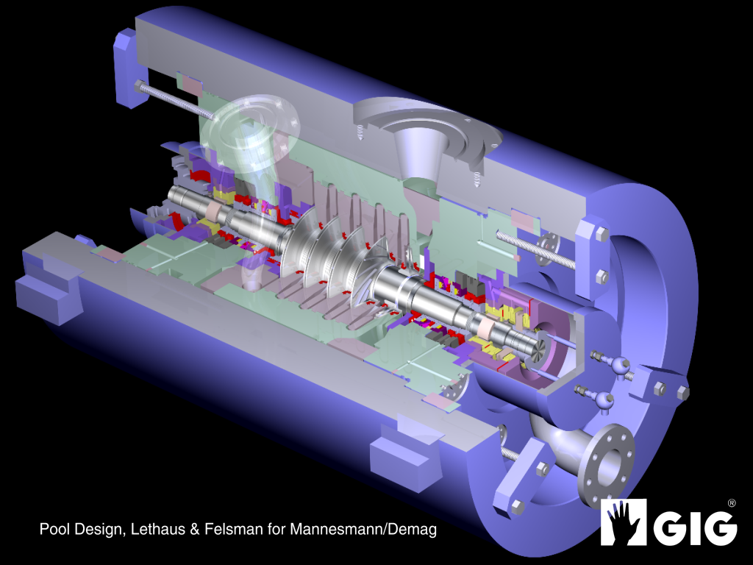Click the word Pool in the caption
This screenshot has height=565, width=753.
coord(54,529)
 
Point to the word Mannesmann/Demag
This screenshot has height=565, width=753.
coord(363,529)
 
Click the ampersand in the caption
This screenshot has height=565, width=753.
coord(195,530)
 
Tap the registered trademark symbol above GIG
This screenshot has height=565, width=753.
coord(732,503)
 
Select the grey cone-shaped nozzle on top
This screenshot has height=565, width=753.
coord(418,154)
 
